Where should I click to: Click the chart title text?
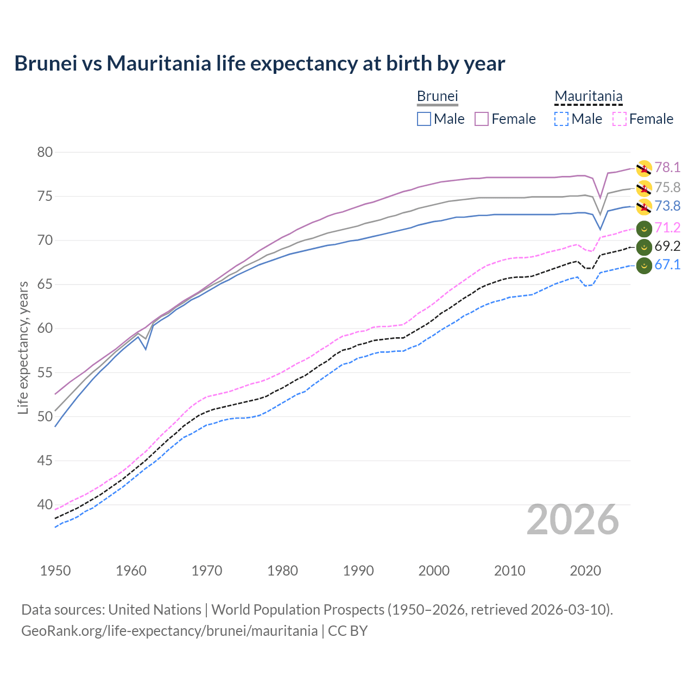tap(260, 64)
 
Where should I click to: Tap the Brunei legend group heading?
tap(437, 96)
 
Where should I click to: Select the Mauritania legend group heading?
tap(588, 97)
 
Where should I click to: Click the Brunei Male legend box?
tap(424, 119)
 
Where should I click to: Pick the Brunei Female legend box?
tap(482, 119)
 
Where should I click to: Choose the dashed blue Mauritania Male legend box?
tap(561, 119)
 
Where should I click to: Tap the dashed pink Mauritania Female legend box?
tap(619, 119)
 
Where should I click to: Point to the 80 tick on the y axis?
tap(45, 152)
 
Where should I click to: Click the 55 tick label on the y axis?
tap(45, 372)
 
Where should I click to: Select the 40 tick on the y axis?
tap(45, 505)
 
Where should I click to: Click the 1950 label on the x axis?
tap(55, 571)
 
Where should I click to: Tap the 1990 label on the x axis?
tap(358, 571)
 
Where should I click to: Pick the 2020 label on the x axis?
tap(585, 571)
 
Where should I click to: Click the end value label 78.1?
tap(667, 168)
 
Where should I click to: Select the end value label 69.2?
tap(667, 247)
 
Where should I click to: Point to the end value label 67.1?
tap(667, 265)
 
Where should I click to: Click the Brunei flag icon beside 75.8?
tap(644, 188)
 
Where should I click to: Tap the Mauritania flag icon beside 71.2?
tap(644, 229)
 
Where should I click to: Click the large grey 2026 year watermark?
tap(572, 520)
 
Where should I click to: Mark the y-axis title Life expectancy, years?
tap(23, 347)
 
